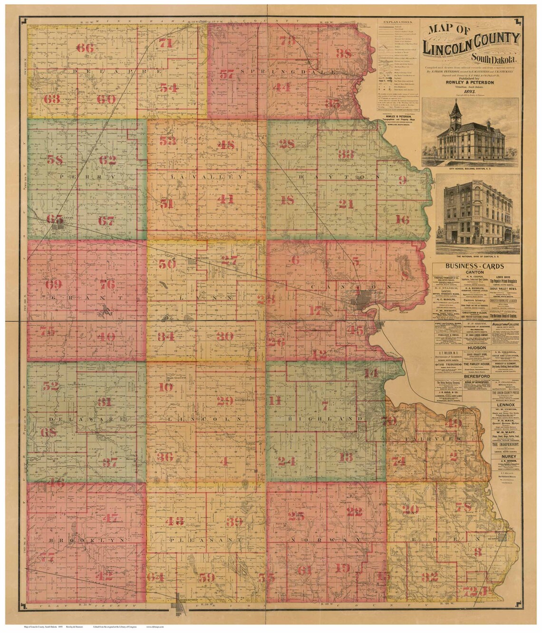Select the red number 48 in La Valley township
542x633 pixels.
point(226,146)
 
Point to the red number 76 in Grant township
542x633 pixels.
point(107,285)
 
